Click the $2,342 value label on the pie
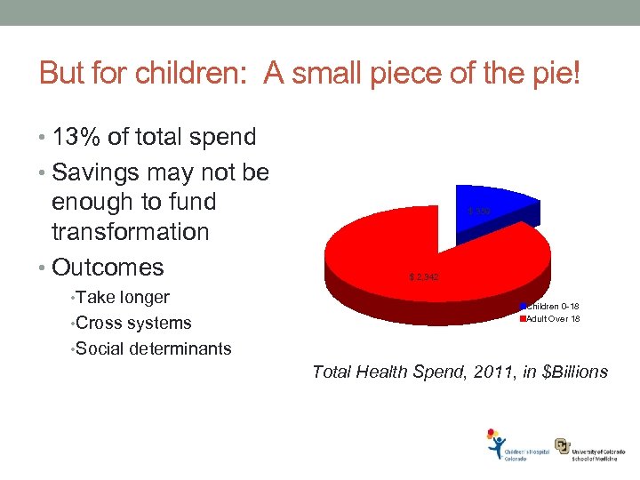click(x=423, y=278)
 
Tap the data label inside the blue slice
click(x=477, y=211)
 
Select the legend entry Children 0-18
click(x=552, y=307)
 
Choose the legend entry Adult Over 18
click(x=553, y=318)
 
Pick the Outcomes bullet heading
click(x=108, y=267)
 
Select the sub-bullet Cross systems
click(x=133, y=323)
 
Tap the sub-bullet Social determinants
click(x=153, y=348)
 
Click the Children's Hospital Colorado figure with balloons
click(x=495, y=444)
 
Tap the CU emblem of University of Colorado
click(x=563, y=445)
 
